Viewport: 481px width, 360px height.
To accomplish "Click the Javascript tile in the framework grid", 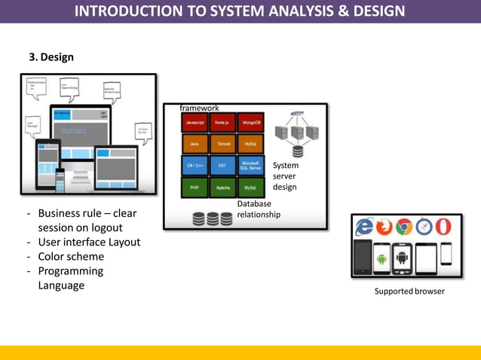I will pyautogui.click(x=195, y=122).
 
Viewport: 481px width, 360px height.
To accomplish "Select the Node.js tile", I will pyautogui.click(x=222, y=122).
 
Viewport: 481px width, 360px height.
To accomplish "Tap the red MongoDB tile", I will pyautogui.click(x=250, y=122).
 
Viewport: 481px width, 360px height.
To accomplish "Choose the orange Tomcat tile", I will pyautogui.click(x=222, y=144).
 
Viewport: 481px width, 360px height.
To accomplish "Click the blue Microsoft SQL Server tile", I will pyautogui.click(x=250, y=165).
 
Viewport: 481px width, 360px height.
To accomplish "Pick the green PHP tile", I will pyautogui.click(x=195, y=188).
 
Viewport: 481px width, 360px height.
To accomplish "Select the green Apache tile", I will pyautogui.click(x=222, y=188).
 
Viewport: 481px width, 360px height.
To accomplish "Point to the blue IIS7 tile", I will pyautogui.click(x=222, y=165).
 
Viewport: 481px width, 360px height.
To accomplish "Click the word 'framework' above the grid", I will pyautogui.click(x=199, y=108).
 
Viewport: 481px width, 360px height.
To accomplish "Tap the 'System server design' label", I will pyautogui.click(x=286, y=176).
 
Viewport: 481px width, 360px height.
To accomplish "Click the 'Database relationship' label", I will pyautogui.click(x=258, y=209).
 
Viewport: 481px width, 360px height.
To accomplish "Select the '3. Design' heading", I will pyautogui.click(x=51, y=57).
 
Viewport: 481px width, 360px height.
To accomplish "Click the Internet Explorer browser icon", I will pyautogui.click(x=365, y=227).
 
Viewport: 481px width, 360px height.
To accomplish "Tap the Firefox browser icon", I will pyautogui.click(x=384, y=227).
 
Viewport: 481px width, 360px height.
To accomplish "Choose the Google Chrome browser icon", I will pyautogui.click(x=404, y=227).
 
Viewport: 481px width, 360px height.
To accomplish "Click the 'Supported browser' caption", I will pyautogui.click(x=409, y=291).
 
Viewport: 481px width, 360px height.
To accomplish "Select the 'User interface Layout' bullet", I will pyautogui.click(x=89, y=243).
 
